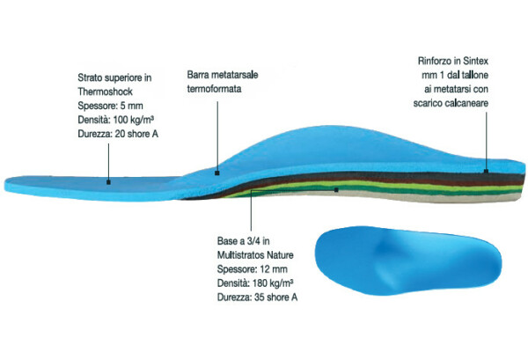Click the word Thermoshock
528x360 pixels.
coord(105,92)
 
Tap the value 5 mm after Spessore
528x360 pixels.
coord(131,106)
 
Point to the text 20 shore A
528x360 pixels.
coord(136,134)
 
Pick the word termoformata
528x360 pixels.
coord(214,89)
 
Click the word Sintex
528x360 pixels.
coord(475,61)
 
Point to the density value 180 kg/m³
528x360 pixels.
coord(273,283)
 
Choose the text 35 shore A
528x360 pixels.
coord(275,298)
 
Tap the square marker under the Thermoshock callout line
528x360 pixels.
coord(108,182)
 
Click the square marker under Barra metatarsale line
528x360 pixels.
coord(217,173)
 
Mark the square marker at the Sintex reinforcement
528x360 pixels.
coord(487,172)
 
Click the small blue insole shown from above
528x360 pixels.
coord(408,261)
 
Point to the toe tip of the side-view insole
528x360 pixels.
coord(5,185)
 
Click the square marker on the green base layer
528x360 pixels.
coord(336,190)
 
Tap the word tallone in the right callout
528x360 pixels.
coord(475,75)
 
